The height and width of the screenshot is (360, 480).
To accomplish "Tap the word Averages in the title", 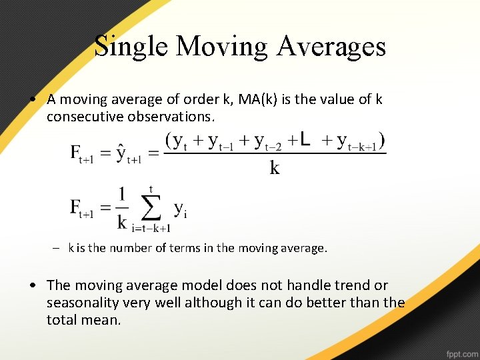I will [x=331, y=47].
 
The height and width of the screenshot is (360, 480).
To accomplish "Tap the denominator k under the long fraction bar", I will [x=274, y=168].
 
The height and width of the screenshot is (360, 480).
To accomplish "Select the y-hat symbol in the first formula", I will [x=121, y=151].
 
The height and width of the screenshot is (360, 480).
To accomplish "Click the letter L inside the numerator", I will [x=304, y=139].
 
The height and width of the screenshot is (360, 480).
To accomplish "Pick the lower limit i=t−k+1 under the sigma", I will [x=152, y=228].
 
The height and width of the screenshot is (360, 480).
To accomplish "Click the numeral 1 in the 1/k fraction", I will [x=122, y=195].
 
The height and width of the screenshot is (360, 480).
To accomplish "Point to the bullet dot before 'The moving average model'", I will [x=33, y=286].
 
